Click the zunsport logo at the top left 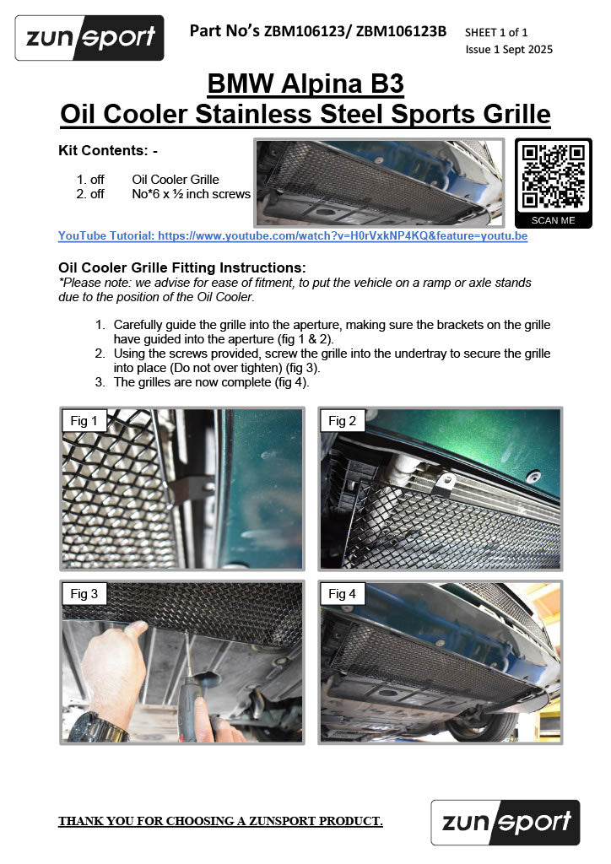click(89, 38)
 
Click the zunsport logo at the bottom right click(506, 822)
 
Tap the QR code click(553, 176)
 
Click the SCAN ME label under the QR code click(553, 220)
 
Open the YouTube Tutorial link click(293, 236)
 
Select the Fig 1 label click(84, 421)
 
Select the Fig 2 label click(342, 421)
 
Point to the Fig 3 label click(84, 594)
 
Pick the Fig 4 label click(342, 594)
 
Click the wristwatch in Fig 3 click(96, 726)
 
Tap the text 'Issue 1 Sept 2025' click(509, 49)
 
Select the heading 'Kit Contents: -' click(108, 151)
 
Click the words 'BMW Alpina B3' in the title click(305, 84)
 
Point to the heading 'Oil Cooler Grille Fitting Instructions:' click(181, 267)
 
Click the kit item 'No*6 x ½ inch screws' click(191, 194)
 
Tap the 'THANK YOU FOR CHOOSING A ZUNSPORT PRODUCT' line click(220, 821)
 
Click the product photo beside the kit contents click(379, 182)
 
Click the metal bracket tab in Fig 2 click(440, 482)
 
